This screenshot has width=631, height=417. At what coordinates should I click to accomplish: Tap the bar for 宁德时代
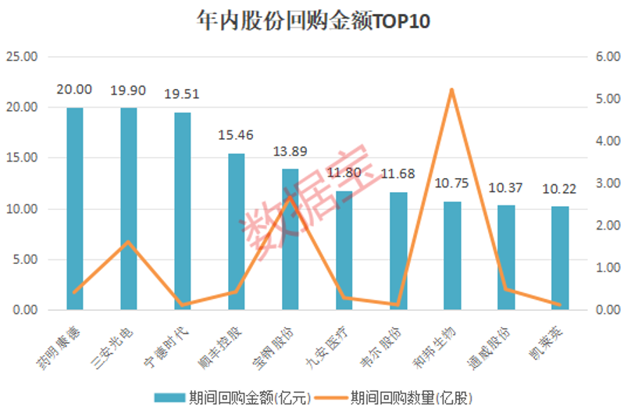click(x=183, y=211)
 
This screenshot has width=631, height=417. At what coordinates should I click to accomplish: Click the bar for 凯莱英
click(x=560, y=258)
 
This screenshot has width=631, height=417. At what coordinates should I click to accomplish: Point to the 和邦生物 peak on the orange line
click(x=452, y=90)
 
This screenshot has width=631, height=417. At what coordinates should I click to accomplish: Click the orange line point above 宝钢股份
click(x=290, y=197)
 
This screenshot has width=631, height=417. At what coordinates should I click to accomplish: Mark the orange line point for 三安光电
click(x=129, y=242)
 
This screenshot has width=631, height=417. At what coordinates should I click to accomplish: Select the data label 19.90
click(x=128, y=91)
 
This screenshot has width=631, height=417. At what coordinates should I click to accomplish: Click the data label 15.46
click(x=236, y=135)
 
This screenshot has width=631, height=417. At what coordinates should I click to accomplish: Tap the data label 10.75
click(x=452, y=184)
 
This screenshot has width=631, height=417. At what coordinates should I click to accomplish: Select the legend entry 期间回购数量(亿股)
click(x=411, y=398)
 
